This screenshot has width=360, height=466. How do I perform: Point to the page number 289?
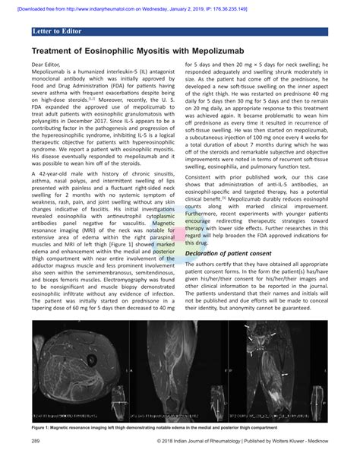point(36,440)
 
